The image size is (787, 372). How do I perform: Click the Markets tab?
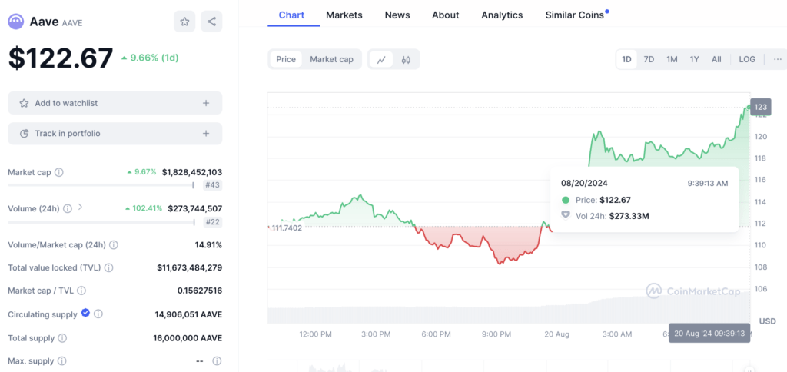[344, 15]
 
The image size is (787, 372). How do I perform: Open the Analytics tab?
[502, 15]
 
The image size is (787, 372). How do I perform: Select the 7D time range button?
[649, 59]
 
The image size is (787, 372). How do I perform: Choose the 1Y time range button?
[694, 59]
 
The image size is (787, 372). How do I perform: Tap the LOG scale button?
[747, 59]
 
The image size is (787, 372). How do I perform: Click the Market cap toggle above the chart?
[331, 59]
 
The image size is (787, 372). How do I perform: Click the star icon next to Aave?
[184, 22]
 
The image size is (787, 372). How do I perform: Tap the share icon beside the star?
[211, 22]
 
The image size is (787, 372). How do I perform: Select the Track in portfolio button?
[115, 134]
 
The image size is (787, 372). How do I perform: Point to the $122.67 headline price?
[61, 58]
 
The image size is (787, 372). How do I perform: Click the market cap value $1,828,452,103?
[192, 172]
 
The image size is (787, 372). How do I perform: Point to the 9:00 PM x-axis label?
[496, 334]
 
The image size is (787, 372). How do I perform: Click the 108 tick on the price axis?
[760, 267]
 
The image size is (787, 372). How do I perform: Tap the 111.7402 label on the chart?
[287, 228]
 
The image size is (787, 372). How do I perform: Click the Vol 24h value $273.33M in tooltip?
[629, 216]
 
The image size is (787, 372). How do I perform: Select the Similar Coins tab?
[576, 15]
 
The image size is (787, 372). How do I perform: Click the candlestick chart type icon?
[407, 59]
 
